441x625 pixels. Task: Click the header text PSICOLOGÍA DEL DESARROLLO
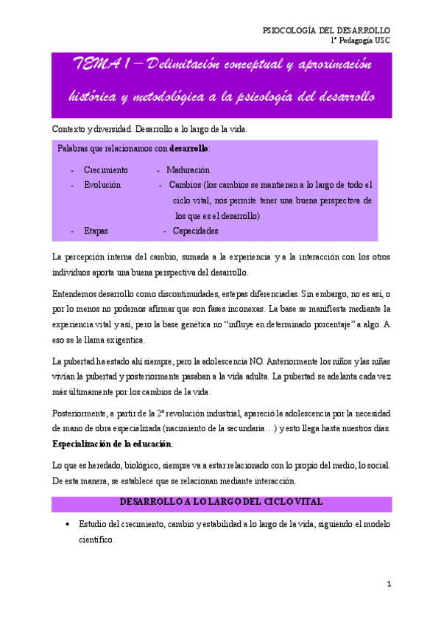[326, 29]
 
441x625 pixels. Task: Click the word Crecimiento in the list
[105, 169]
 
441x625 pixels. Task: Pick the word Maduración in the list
[192, 169]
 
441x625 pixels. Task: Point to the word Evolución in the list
[102, 184]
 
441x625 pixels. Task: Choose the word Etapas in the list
[96, 231]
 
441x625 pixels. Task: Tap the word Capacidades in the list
[195, 231]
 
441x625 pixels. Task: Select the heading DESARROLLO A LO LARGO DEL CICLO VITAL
[221, 502]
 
